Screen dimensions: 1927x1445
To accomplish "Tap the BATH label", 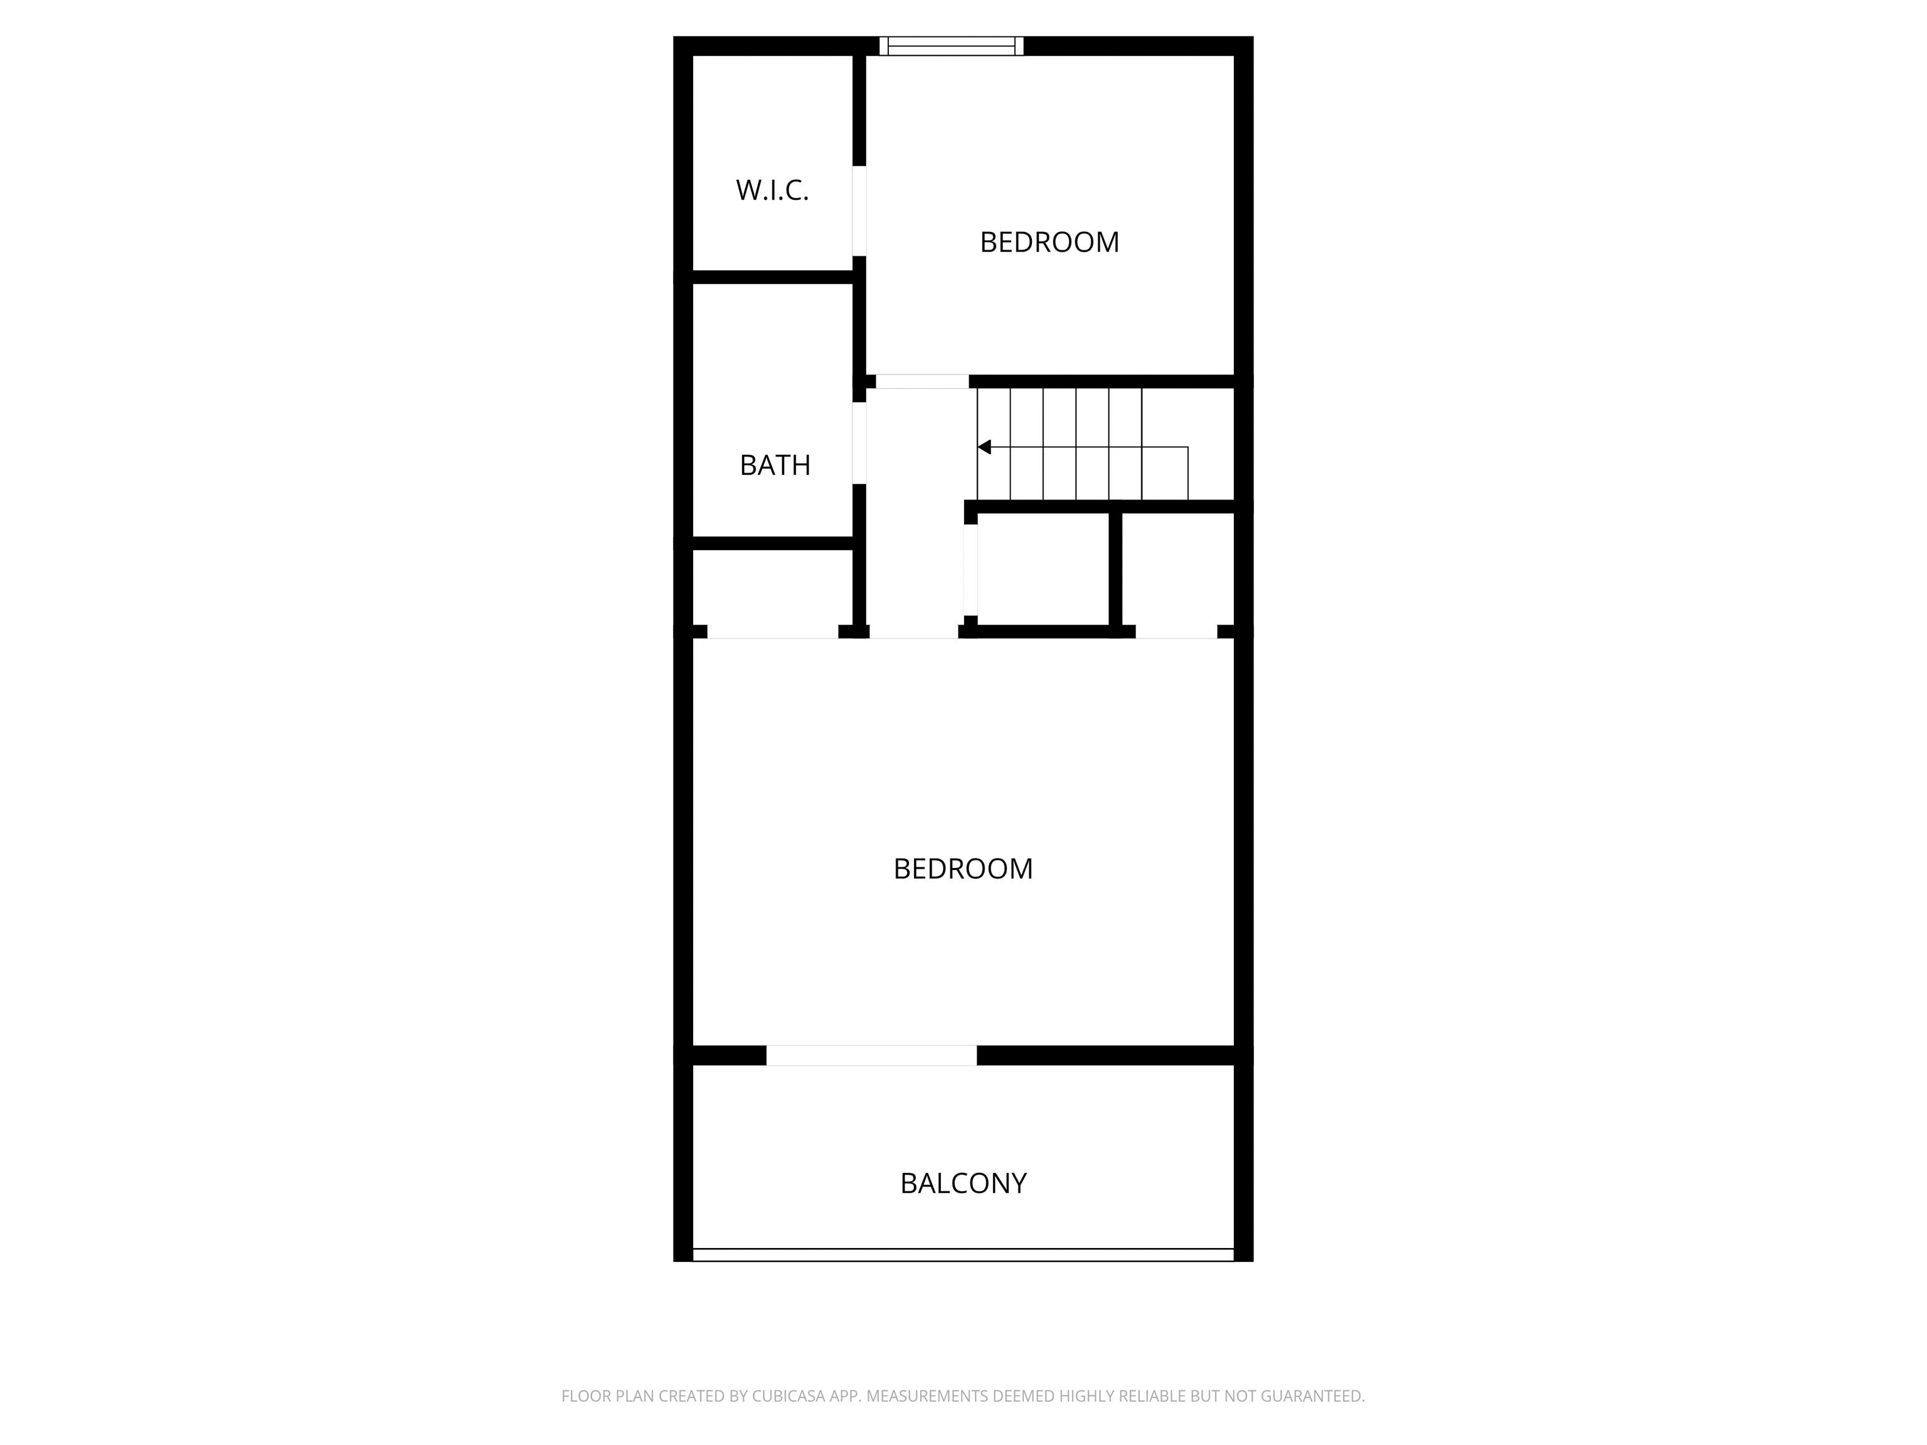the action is click(x=775, y=465).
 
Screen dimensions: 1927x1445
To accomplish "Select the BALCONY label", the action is click(x=963, y=1183).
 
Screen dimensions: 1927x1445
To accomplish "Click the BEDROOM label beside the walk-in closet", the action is click(x=1049, y=242).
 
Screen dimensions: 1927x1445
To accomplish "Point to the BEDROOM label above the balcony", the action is click(x=963, y=869).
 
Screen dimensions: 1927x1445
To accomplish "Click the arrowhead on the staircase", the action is click(x=984, y=447).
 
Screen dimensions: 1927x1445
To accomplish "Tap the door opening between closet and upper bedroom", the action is click(x=859, y=211).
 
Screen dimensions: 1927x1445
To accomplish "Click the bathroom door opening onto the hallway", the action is click(x=859, y=443).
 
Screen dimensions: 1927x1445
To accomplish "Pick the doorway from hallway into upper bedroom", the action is click(x=921, y=381).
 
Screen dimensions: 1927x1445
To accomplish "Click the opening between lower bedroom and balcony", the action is click(x=871, y=1055).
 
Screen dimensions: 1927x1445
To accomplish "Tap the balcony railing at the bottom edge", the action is click(x=963, y=1254).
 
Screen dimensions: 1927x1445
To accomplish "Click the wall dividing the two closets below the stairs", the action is click(x=1115, y=569).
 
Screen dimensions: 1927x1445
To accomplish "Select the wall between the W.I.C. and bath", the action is click(x=772, y=277).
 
